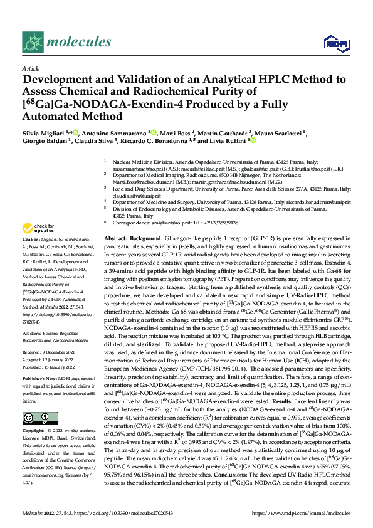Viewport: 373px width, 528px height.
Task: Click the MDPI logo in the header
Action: pos(334,42)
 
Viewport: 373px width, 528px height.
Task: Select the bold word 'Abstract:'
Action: pos(115,240)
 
